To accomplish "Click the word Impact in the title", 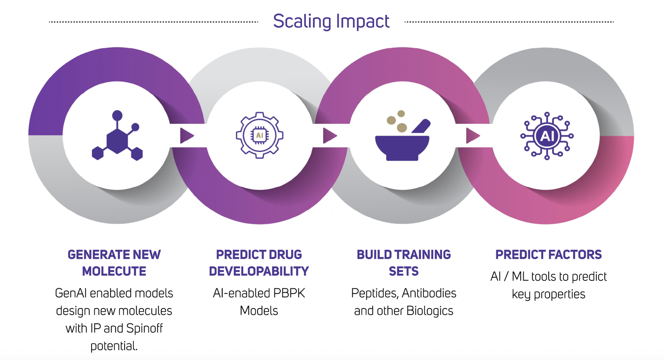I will (x=363, y=22).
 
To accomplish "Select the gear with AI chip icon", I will (x=259, y=135).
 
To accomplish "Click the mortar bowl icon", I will (x=402, y=147).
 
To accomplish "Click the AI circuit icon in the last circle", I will (x=547, y=136).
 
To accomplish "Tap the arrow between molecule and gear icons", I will (x=187, y=135).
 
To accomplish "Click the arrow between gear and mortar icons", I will (x=330, y=135).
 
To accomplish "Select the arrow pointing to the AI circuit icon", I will (x=473, y=135).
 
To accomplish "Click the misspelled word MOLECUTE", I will (x=114, y=271).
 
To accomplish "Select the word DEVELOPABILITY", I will (x=259, y=271).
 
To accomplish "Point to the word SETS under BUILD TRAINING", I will (x=404, y=271).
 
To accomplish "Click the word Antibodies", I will (x=429, y=293).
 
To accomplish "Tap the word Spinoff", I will (x=144, y=329).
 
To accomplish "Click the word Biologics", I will (x=430, y=311).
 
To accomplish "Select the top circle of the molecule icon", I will (x=117, y=115).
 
